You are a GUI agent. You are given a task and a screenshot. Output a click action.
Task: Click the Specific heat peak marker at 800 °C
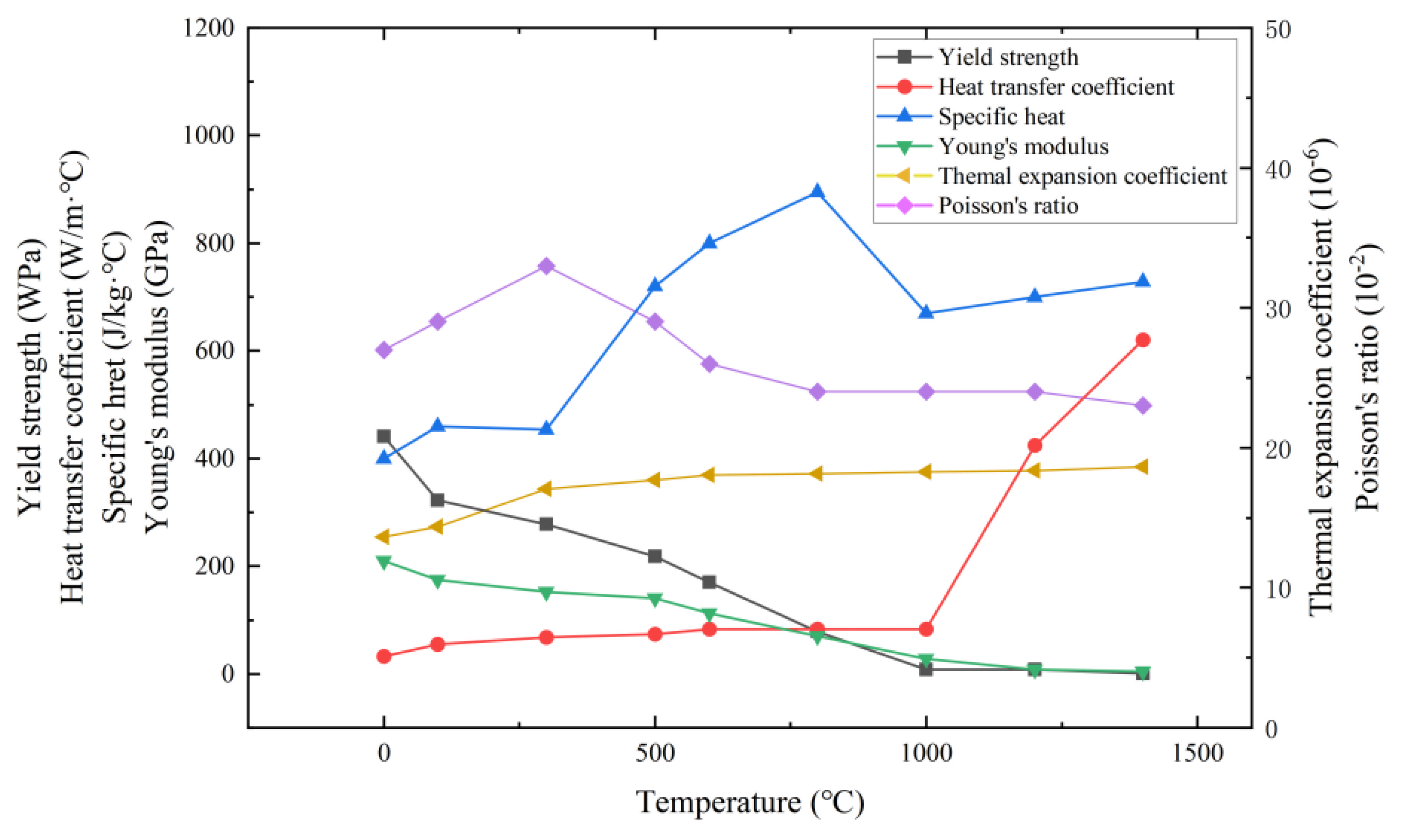tap(817, 191)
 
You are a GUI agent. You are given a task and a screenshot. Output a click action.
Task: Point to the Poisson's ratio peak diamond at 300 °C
tap(547, 266)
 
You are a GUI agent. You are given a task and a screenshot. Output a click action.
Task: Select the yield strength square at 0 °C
tap(384, 436)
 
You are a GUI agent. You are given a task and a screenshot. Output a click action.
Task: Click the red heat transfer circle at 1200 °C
tap(1035, 446)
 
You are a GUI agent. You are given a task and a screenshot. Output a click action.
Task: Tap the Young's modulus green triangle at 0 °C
tap(384, 562)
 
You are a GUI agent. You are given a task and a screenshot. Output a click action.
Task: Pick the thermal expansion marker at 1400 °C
tap(1142, 467)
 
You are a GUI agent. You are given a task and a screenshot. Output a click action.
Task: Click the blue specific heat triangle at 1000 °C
tap(926, 313)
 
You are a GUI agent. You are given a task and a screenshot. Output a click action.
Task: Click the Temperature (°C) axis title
tap(750, 802)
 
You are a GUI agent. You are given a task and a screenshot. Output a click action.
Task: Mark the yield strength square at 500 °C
tap(654, 556)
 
